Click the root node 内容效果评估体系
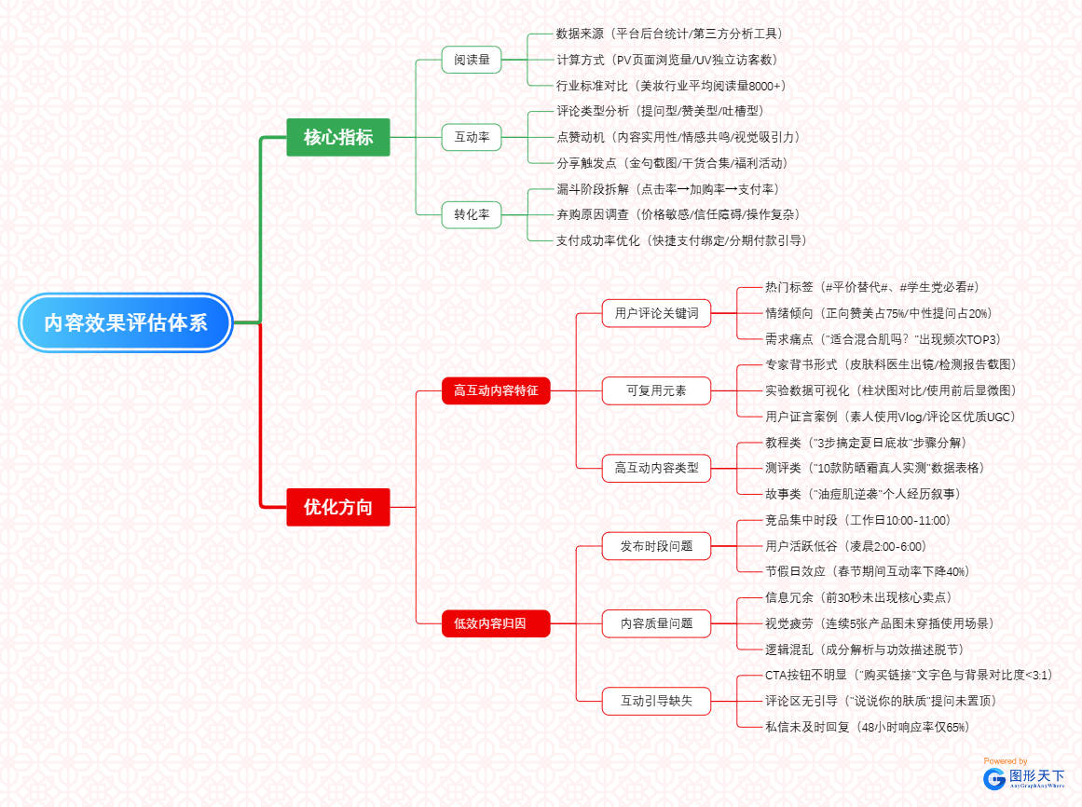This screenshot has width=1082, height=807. pyautogui.click(x=125, y=322)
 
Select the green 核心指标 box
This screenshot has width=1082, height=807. pyautogui.click(x=338, y=137)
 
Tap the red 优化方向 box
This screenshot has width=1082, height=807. pyautogui.click(x=338, y=507)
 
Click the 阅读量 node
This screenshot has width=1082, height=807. pyautogui.click(x=472, y=60)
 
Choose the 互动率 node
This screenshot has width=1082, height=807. pyautogui.click(x=472, y=137)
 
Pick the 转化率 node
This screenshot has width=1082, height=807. pyautogui.click(x=472, y=214)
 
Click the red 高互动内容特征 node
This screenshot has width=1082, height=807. pyautogui.click(x=496, y=390)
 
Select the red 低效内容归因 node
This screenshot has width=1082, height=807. pyautogui.click(x=496, y=622)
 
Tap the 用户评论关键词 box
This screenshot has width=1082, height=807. pyautogui.click(x=656, y=313)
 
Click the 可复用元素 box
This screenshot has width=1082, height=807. pyautogui.click(x=656, y=390)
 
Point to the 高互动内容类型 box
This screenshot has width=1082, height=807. pyautogui.click(x=656, y=468)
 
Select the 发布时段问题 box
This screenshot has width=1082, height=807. pyautogui.click(x=656, y=545)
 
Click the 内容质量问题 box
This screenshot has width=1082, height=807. pyautogui.click(x=656, y=622)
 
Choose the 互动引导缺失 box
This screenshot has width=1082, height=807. pyautogui.click(x=656, y=700)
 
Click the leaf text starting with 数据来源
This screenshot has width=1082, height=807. pyautogui.click(x=669, y=34)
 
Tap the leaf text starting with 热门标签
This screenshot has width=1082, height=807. pyautogui.click(x=871, y=287)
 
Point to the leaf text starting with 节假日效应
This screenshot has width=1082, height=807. pyautogui.click(x=866, y=571)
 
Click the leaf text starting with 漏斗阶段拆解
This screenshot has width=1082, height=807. pyautogui.click(x=666, y=188)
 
